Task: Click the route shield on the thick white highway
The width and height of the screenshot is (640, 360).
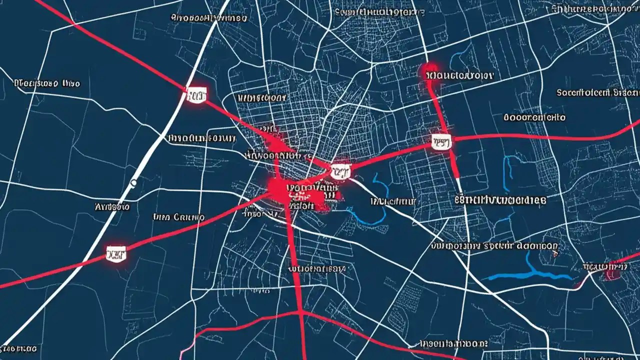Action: [x=196, y=93]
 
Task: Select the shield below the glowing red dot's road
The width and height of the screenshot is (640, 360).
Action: [x=441, y=141]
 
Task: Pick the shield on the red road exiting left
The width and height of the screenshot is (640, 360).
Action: [x=116, y=253]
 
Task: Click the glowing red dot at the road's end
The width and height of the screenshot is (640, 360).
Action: [x=429, y=69]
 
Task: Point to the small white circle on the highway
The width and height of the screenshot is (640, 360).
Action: [x=133, y=183]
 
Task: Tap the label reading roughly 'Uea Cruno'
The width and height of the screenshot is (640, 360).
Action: [x=178, y=217]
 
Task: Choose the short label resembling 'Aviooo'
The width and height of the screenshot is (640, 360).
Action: [x=112, y=206]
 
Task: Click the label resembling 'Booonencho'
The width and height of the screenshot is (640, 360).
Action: [x=534, y=117]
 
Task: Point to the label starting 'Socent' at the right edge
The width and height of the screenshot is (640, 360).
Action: [x=597, y=92]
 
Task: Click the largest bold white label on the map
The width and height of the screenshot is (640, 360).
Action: [x=500, y=200]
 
